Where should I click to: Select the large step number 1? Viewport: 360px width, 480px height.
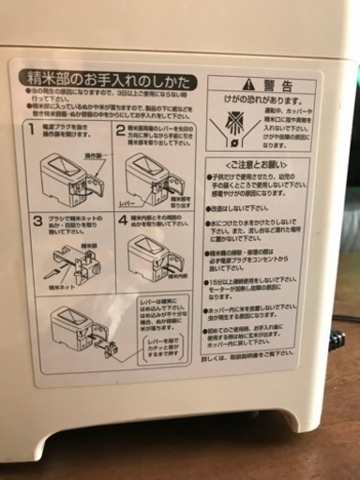pos(31,128)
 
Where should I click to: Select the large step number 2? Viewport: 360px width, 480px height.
pos(119,128)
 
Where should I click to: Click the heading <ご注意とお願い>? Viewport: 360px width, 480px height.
pos(259,166)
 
